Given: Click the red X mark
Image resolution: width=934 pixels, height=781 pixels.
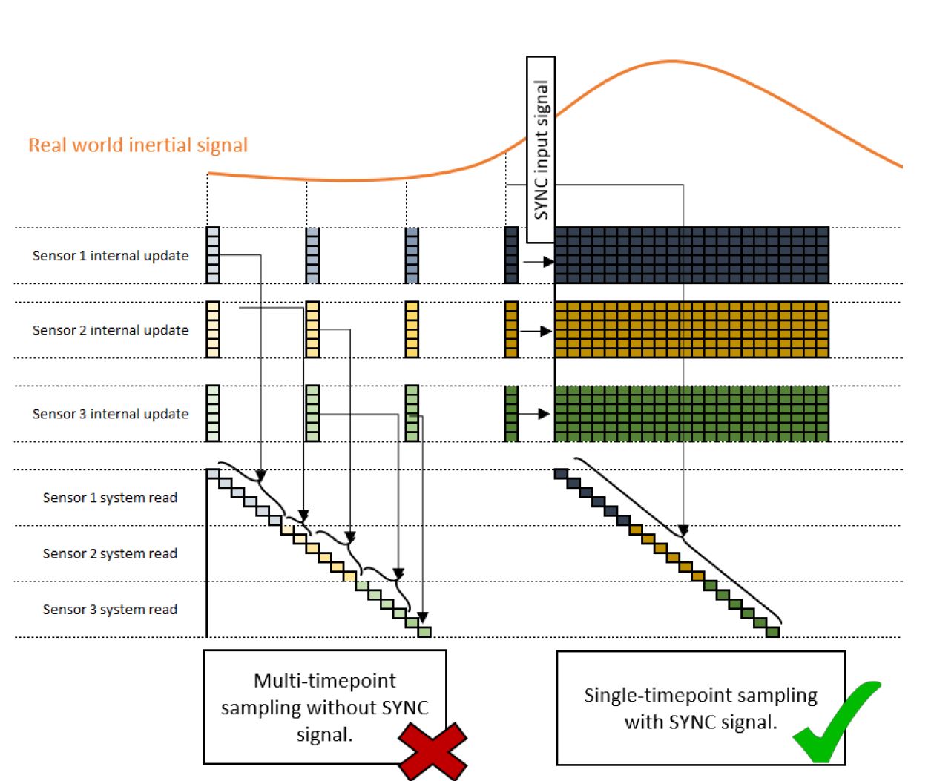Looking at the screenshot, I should pyautogui.click(x=433, y=751).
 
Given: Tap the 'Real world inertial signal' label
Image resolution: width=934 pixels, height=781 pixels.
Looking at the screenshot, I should pyautogui.click(x=138, y=145).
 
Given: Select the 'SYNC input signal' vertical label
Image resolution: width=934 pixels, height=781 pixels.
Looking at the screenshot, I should pyautogui.click(x=541, y=149).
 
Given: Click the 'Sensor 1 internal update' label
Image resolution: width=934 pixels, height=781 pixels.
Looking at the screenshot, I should pyautogui.click(x=111, y=256).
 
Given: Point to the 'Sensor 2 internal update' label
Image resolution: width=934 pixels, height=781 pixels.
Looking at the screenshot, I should pyautogui.click(x=111, y=330).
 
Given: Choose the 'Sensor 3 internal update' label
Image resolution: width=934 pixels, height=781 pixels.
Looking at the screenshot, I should pyautogui.click(x=111, y=414).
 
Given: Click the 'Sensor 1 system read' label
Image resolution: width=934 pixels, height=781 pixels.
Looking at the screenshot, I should pyautogui.click(x=110, y=498).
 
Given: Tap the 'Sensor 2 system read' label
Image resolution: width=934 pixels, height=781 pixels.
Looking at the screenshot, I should pyautogui.click(x=110, y=553).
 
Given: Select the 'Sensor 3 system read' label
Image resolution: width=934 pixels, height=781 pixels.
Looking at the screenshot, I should pyautogui.click(x=110, y=609).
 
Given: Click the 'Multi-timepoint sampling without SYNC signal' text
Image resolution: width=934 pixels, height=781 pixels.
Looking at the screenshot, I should pyautogui.click(x=325, y=707).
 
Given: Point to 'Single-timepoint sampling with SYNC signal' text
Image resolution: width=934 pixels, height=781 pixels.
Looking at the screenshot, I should pyautogui.click(x=700, y=708).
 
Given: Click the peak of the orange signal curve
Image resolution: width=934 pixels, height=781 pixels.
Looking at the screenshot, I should pyautogui.click(x=672, y=62).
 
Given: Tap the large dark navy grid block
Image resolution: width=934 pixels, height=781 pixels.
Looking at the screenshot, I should pyautogui.click(x=691, y=255).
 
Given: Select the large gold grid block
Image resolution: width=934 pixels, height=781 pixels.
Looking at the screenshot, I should pyautogui.click(x=691, y=329).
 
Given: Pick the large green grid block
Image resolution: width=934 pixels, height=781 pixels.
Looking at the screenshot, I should pyautogui.click(x=691, y=413).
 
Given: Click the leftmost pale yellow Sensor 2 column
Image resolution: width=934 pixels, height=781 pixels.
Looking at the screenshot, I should pyautogui.click(x=213, y=329).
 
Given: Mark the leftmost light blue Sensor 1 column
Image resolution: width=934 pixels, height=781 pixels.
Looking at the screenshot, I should pyautogui.click(x=213, y=255).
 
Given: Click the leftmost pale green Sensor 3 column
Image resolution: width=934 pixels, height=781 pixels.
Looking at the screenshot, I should pyautogui.click(x=213, y=413).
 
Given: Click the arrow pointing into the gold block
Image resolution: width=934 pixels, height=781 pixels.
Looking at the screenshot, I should pyautogui.click(x=536, y=331).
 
